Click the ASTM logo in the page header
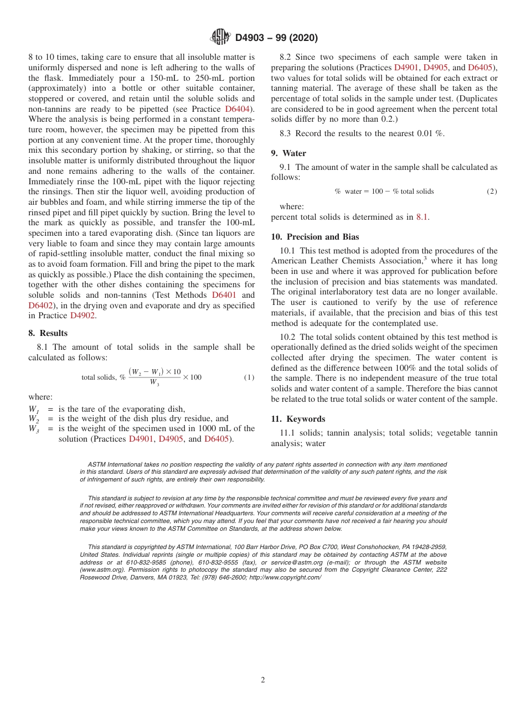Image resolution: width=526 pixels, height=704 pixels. pyautogui.click(x=220, y=37)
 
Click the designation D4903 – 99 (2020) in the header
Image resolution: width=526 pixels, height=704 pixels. pyautogui.click(x=276, y=38)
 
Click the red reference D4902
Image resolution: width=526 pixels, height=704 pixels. pyautogui.click(x=82, y=315)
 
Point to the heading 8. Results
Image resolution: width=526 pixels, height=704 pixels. pyautogui.click(x=48, y=333)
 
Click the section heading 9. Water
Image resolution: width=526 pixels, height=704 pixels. pyautogui.click(x=288, y=153)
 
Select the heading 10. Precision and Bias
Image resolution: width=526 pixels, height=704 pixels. pyautogui.click(x=315, y=237)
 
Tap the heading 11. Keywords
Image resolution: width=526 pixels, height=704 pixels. pyautogui.click(x=298, y=419)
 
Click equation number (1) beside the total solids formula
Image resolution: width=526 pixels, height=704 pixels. pyautogui.click(x=249, y=377)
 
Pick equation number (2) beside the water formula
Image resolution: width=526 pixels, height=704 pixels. pyautogui.click(x=492, y=191)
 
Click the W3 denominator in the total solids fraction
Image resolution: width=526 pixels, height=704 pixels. pyautogui.click(x=154, y=382)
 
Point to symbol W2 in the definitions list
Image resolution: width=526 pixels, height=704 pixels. pyautogui.click(x=34, y=419)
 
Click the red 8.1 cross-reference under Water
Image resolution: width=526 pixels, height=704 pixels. pyautogui.click(x=421, y=217)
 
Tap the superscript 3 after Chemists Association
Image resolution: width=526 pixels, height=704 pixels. pyautogui.click(x=425, y=258)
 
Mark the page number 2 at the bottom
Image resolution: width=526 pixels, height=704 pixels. pyautogui.click(x=263, y=680)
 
